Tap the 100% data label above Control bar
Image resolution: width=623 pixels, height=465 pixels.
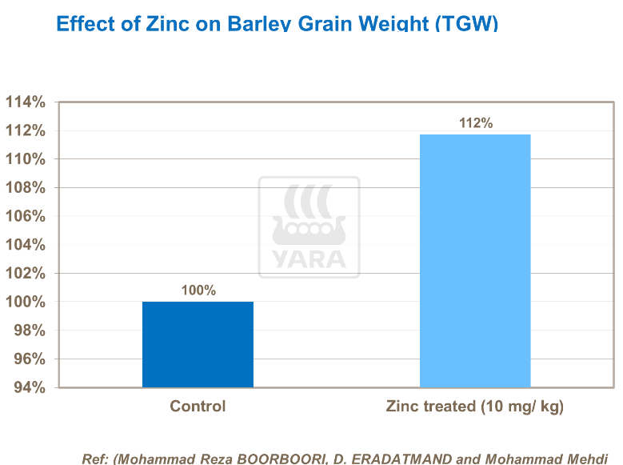click(198, 291)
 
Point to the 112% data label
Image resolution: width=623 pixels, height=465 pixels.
click(475, 122)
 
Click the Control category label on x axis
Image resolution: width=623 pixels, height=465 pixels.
click(198, 407)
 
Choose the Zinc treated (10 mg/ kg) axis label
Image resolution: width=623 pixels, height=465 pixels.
click(475, 407)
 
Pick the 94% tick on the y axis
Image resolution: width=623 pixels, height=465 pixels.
click(27, 388)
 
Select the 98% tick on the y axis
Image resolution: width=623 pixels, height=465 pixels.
click(27, 331)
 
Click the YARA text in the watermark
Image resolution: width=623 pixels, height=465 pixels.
click(309, 259)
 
